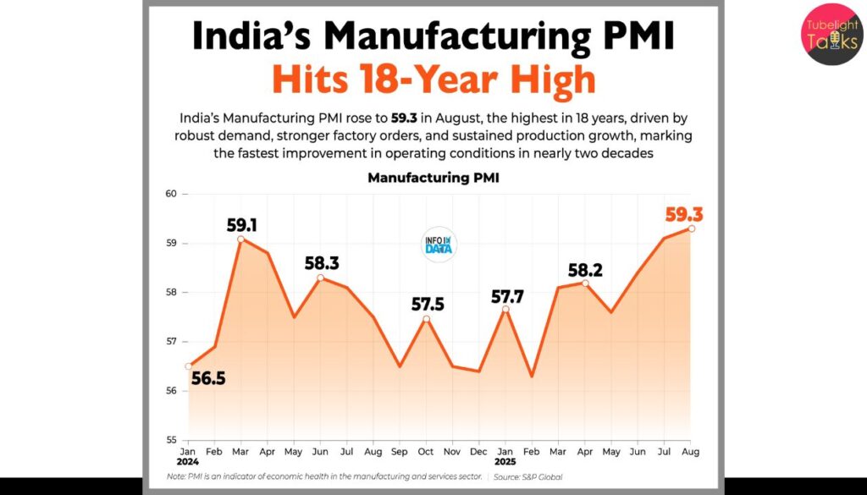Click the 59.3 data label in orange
pos(683,215)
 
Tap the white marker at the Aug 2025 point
pos(692,228)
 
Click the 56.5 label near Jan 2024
pos(207,378)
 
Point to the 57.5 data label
pos(428,305)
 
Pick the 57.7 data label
pos(508,297)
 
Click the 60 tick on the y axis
pos(172,194)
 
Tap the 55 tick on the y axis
pos(172,440)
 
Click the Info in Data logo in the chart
pos(439,245)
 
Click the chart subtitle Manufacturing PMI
pos(433,179)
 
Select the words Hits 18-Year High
pos(433,80)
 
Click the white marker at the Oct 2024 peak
pos(427,319)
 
